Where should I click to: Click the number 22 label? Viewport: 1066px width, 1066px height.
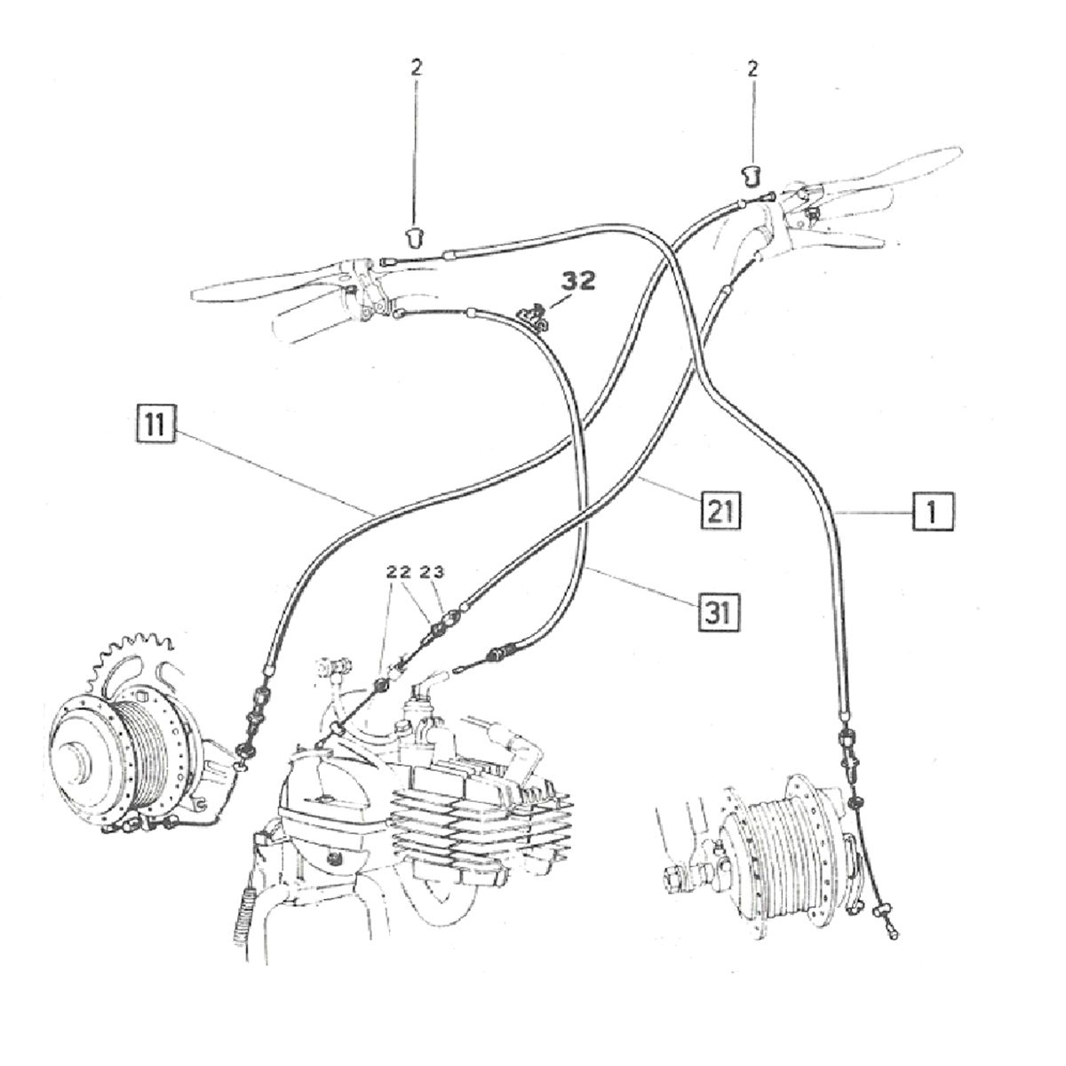click(x=399, y=573)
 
